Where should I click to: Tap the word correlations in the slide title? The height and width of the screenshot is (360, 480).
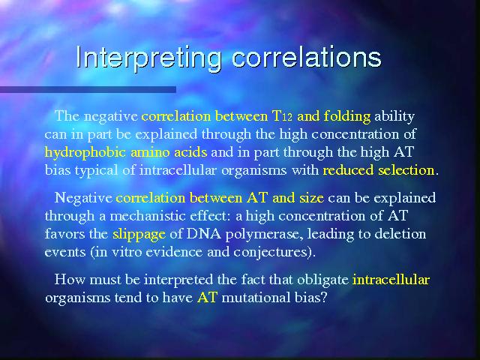[x=307, y=57]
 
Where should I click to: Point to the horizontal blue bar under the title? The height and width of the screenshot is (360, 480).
[x=88, y=89]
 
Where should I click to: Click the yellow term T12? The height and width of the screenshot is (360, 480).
[x=282, y=116]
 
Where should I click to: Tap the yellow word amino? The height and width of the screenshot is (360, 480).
[x=150, y=152]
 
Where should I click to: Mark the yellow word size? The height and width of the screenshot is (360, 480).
[x=312, y=198]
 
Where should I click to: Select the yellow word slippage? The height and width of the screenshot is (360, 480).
[x=139, y=235]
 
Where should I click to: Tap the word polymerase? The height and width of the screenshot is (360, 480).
[x=264, y=235]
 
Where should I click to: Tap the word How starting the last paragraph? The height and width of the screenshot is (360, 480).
[x=69, y=280]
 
